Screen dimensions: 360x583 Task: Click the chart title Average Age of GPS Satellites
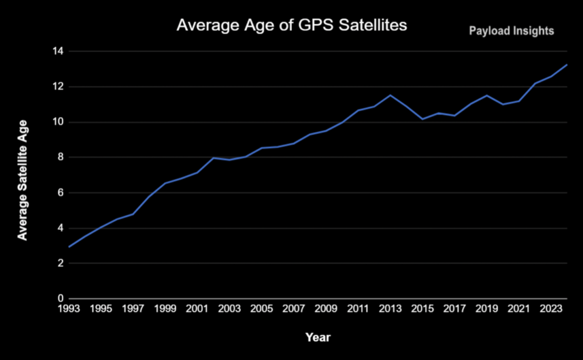[291, 25]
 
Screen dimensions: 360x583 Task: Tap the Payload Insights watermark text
[511, 31]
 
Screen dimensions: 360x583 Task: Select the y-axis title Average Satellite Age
[22, 180]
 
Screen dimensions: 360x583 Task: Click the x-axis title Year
[318, 338]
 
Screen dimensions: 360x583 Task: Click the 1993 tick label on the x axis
[69, 309]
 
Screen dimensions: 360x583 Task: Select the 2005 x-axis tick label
[261, 309]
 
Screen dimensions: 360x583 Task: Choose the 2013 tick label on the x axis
[390, 309]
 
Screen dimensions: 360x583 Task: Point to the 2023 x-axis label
[551, 309]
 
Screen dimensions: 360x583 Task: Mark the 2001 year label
[197, 309]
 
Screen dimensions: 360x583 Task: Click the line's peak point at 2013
[390, 95]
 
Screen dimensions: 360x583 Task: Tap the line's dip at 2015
[422, 119]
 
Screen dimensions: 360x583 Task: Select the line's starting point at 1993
[69, 247]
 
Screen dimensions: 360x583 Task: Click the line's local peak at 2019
[486, 96]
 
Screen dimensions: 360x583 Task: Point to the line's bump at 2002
[213, 158]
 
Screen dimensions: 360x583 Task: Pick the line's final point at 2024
[567, 65]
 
